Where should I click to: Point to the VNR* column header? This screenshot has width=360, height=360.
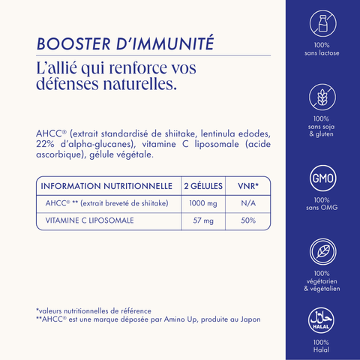coord(247,185)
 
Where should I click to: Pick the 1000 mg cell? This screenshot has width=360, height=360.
coord(204,203)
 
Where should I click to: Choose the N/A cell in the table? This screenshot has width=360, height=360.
coord(248,203)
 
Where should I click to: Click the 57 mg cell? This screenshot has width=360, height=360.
coord(204,220)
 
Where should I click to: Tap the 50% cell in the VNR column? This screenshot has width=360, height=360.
coord(248,220)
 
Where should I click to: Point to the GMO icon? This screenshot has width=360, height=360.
coord(322,180)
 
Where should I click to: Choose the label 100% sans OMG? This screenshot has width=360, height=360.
coord(322,204)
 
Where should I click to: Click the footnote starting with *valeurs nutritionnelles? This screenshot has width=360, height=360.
coord(94,310)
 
